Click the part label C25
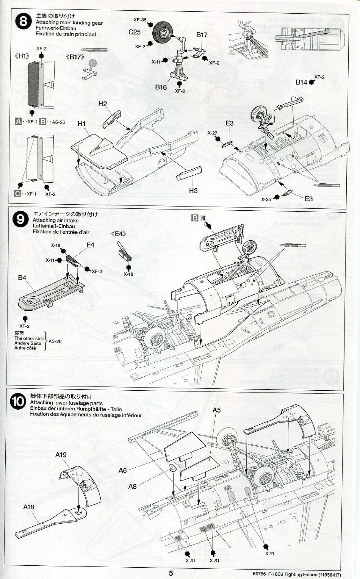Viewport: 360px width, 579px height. (135, 32)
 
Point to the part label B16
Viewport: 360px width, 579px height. (161, 87)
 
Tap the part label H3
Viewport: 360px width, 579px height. (193, 191)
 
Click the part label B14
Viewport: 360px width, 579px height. (301, 82)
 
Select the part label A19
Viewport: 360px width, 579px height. (61, 455)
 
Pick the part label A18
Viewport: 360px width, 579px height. (28, 507)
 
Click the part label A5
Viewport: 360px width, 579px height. (216, 410)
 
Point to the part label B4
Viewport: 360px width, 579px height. (22, 278)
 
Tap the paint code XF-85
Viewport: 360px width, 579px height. (140, 19)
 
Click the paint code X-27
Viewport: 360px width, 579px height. (213, 133)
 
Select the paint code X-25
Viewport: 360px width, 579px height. (266, 199)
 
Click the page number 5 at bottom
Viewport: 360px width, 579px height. (171, 573)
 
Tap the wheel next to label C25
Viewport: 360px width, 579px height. (164, 34)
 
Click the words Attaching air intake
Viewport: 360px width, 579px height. (56, 220)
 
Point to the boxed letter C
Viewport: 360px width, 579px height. (17, 194)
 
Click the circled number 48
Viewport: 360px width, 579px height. (203, 218)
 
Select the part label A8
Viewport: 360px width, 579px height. (132, 486)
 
